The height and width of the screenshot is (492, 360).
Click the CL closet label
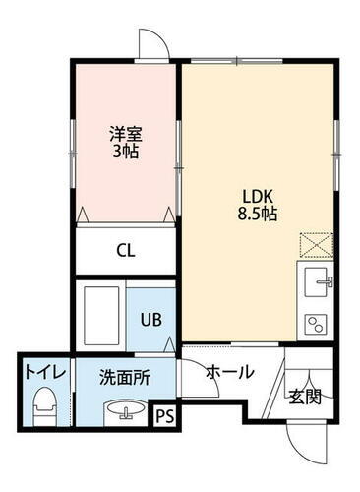point(125,250)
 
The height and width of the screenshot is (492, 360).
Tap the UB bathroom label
point(151,319)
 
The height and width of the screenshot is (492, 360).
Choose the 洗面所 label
point(122,375)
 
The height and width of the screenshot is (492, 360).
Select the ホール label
point(230,372)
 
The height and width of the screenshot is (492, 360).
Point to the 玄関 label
point(304,397)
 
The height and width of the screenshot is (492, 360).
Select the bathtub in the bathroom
point(101,316)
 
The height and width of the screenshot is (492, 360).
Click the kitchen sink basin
point(316,281)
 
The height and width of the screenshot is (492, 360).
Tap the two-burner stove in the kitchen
point(317,323)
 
